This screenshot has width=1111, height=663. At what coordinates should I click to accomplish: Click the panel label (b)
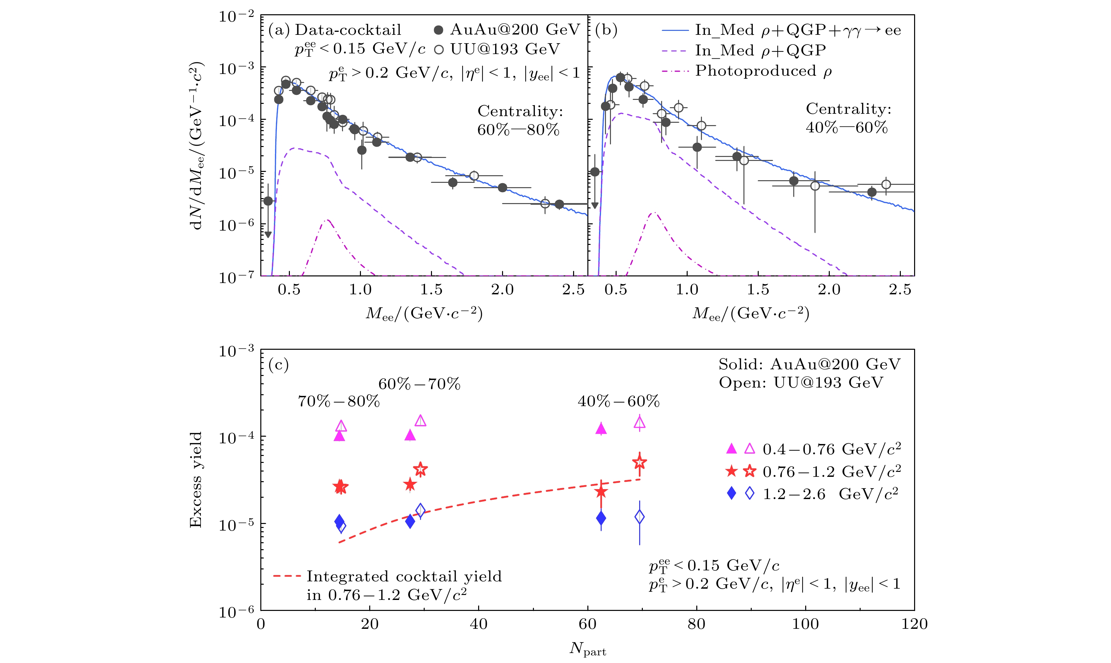pos(606,30)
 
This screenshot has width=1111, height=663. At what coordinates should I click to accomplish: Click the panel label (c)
pos(279,365)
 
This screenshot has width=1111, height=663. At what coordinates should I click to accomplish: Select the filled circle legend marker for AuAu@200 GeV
pos(438,30)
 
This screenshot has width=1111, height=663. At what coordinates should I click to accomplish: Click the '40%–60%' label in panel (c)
pos(619,401)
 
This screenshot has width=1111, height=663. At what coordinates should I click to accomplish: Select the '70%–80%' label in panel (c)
pos(339,401)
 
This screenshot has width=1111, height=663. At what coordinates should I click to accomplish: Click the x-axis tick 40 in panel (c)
pos(478,624)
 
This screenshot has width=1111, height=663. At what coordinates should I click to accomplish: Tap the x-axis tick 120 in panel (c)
pos(914,624)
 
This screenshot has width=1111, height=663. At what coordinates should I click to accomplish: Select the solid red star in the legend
pos(731,471)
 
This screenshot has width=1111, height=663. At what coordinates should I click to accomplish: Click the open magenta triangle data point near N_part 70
pos(640,422)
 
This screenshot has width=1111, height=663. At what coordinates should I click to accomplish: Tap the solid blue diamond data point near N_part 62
pos(601,518)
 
